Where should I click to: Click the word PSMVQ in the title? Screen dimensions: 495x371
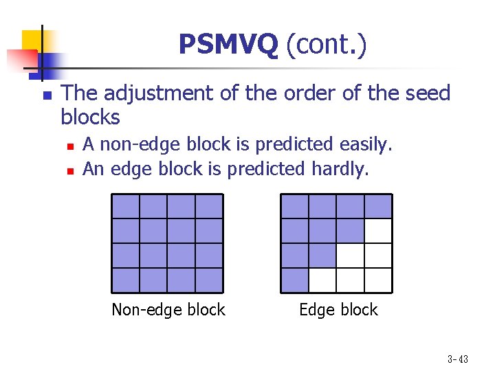click(x=228, y=45)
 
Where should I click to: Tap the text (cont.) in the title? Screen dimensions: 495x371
click(x=326, y=45)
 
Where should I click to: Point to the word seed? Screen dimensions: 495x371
click(x=424, y=93)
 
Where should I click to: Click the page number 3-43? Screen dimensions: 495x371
click(x=457, y=359)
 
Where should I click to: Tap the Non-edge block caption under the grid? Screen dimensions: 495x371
click(x=168, y=310)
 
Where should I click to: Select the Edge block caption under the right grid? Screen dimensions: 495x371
click(x=338, y=310)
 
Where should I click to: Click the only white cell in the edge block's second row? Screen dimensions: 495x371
click(x=378, y=231)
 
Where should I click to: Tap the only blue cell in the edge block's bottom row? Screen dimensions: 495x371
click(x=294, y=280)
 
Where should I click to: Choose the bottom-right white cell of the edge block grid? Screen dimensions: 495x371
click(x=378, y=280)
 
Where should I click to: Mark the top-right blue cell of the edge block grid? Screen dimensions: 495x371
click(x=378, y=206)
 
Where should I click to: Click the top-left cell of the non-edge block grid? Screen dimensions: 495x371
click(x=125, y=206)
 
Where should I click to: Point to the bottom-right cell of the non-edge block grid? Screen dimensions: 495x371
click(x=209, y=280)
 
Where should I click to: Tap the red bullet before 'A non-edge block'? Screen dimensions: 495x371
click(x=70, y=146)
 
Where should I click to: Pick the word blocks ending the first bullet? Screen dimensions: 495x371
click(x=90, y=118)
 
